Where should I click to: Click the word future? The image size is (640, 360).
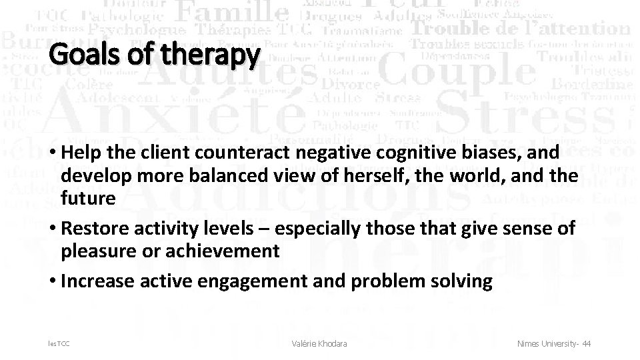pos(88,199)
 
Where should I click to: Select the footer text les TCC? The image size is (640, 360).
pos(59,343)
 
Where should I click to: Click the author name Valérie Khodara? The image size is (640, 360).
pos(319,343)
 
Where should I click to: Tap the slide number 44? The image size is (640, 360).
pos(586,343)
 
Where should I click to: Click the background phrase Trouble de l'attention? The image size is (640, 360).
pos(520,29)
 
